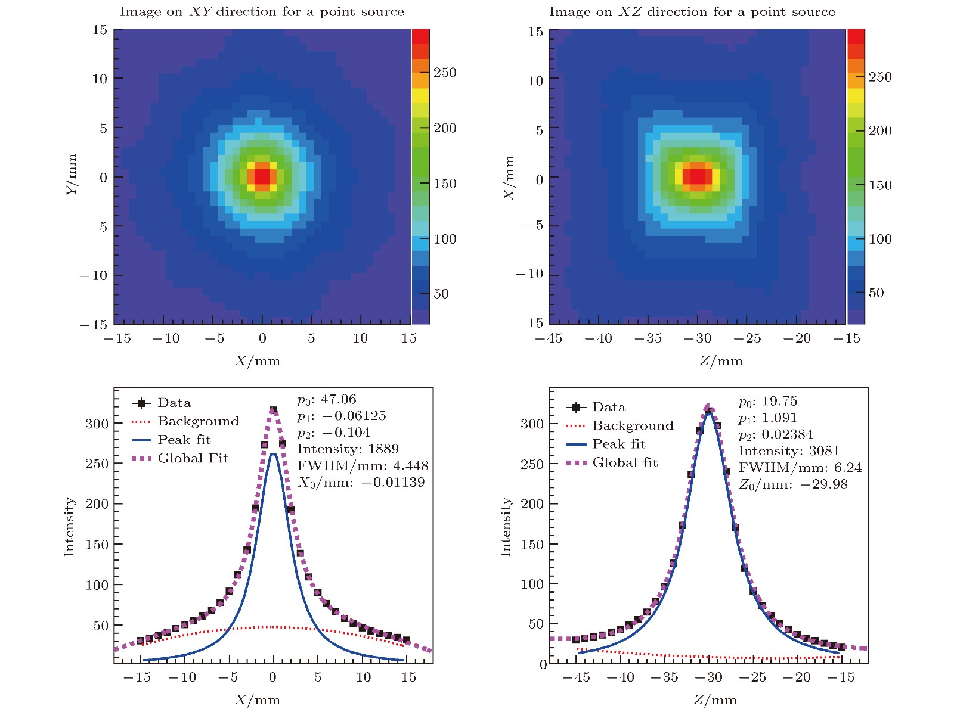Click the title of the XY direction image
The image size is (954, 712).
[x=262, y=12]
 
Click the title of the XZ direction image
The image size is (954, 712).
[x=692, y=12]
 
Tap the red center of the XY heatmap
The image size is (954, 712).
[x=262, y=176]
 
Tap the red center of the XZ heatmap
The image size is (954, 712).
[x=697, y=176]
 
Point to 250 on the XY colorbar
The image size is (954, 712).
[x=445, y=73]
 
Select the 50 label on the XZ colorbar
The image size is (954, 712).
[x=876, y=293]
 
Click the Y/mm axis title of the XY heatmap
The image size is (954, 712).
[x=72, y=175]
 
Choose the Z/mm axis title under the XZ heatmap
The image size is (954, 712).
[x=721, y=361]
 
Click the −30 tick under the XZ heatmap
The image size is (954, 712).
[x=697, y=338]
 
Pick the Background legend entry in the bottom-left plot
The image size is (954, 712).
[x=198, y=422]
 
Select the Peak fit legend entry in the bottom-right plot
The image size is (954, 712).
[x=619, y=444]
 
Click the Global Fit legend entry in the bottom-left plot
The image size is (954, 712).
[x=193, y=459]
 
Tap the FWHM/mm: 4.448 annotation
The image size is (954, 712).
[x=363, y=466]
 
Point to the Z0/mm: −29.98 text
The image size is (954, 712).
[x=793, y=484]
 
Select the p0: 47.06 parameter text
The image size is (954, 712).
[x=327, y=400]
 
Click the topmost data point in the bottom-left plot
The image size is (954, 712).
[x=274, y=410]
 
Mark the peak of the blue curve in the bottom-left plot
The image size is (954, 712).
[x=273, y=454]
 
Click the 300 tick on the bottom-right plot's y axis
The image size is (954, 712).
[x=532, y=424]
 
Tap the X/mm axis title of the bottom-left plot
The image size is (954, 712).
[x=257, y=699]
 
